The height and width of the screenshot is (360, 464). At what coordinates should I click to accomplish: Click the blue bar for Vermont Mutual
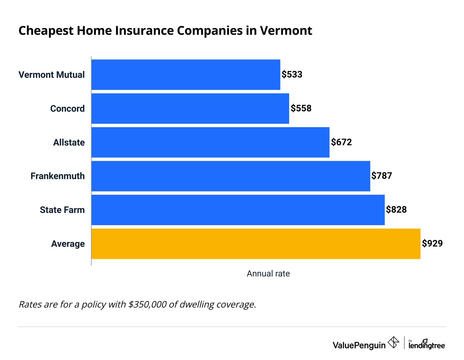tap(186, 75)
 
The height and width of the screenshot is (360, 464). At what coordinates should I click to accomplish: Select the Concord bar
tap(190, 109)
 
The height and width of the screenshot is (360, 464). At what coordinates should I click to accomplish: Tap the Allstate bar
tap(210, 142)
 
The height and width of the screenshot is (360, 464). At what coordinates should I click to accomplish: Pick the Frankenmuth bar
tap(230, 176)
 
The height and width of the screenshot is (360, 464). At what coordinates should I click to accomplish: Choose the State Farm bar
tap(238, 210)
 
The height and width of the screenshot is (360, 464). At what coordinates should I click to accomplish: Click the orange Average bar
tap(256, 244)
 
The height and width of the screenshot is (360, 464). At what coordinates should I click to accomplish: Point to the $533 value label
tap(292, 75)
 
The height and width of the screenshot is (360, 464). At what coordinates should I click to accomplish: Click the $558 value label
tap(301, 109)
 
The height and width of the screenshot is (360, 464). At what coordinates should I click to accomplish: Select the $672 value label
tap(342, 142)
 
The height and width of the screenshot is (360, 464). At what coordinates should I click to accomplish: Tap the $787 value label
tap(382, 176)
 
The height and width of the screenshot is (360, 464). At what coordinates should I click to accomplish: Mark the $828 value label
tap(396, 210)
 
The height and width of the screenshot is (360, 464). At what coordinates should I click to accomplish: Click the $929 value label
tap(432, 243)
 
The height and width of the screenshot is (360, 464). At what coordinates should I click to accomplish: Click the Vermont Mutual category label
tap(52, 75)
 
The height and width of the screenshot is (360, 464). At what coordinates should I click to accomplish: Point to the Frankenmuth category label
tap(57, 176)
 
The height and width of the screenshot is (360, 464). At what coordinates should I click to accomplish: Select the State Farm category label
tap(62, 210)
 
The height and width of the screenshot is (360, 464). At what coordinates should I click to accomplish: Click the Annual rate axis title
tap(268, 274)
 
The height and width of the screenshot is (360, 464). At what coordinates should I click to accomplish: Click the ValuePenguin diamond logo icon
tap(393, 342)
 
